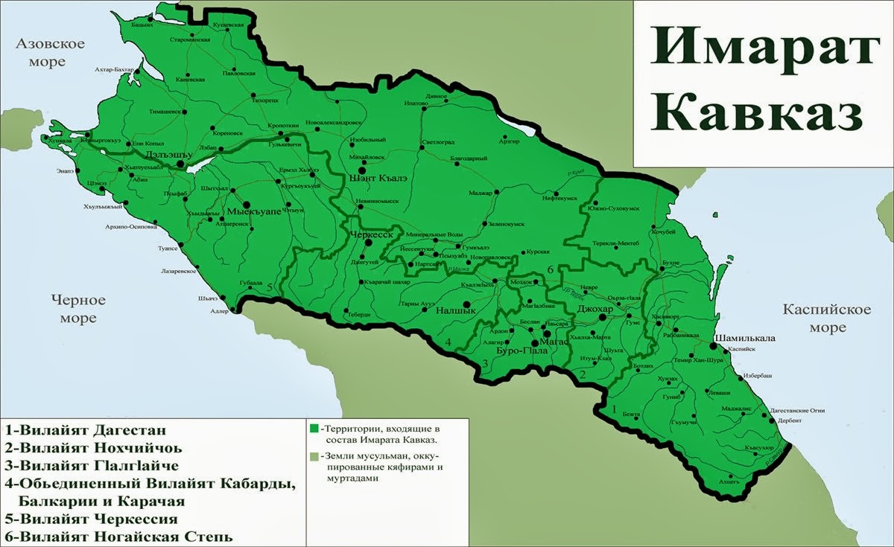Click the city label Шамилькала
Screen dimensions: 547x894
pos(744,338)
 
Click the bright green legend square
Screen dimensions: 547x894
pos(313,429)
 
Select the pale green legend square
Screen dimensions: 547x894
pos(313,456)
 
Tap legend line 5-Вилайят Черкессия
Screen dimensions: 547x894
pos(92,519)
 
